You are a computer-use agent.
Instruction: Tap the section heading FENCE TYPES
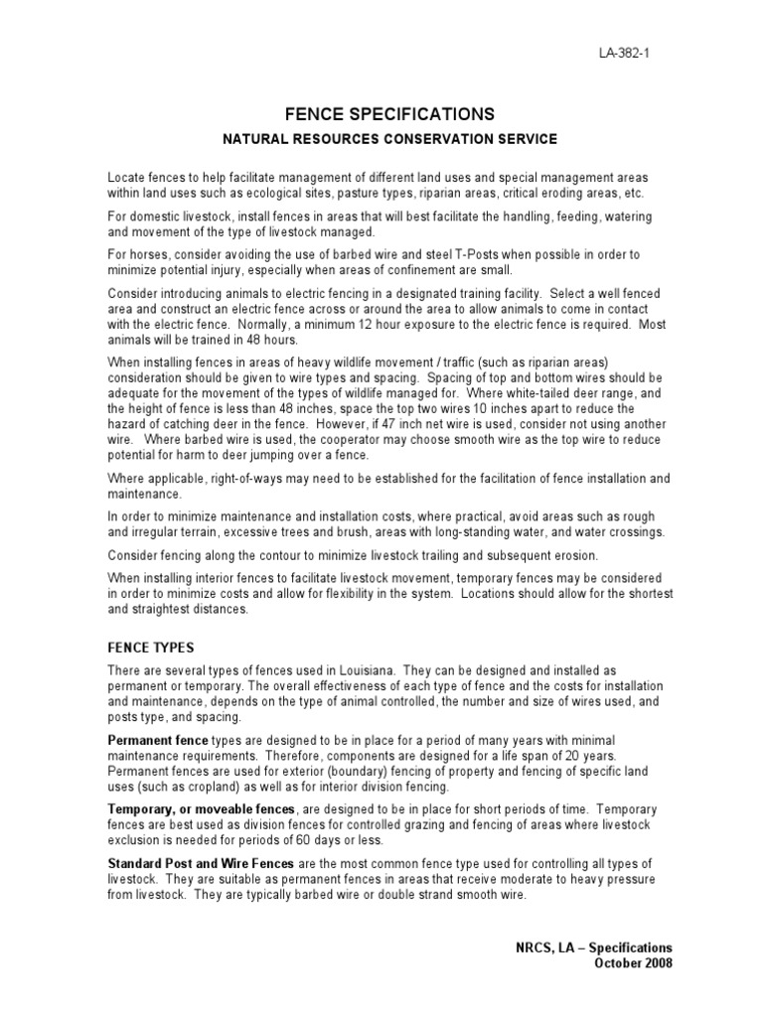click(x=151, y=647)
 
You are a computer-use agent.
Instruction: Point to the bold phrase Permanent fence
click(x=158, y=741)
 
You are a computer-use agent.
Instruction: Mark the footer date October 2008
click(x=633, y=963)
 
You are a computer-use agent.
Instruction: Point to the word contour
click(x=256, y=554)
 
